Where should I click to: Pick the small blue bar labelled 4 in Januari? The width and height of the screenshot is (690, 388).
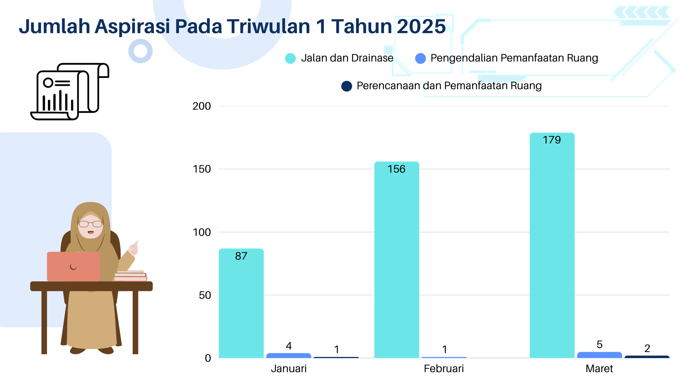(289, 355)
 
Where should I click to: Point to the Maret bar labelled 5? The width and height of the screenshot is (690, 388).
(599, 355)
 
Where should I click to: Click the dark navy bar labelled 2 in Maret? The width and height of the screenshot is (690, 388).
(647, 357)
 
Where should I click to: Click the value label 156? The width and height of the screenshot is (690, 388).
(396, 169)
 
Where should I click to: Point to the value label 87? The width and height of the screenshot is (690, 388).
(241, 256)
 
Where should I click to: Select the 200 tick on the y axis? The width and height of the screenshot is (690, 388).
(202, 106)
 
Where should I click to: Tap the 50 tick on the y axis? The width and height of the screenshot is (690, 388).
(205, 295)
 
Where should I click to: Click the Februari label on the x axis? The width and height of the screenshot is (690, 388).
(444, 369)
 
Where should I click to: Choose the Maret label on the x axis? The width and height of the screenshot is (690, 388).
(599, 369)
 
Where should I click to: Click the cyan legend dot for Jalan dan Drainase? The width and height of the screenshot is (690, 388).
(290, 58)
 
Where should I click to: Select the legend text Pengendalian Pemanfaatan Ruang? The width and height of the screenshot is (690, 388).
(514, 58)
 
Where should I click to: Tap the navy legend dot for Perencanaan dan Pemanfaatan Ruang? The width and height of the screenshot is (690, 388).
(346, 86)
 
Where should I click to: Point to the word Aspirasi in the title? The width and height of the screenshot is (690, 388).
(132, 27)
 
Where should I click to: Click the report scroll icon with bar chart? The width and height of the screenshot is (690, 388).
(70, 92)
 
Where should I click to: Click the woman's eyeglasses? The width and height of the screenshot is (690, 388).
(91, 224)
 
